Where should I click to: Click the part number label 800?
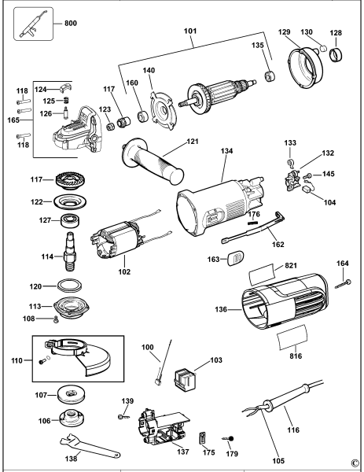(x=71, y=23)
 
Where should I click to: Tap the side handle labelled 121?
(x=153, y=160)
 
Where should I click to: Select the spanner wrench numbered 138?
(x=90, y=445)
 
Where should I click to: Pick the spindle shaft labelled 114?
(x=70, y=251)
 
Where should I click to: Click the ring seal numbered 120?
(x=70, y=286)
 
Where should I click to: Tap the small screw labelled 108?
(x=56, y=319)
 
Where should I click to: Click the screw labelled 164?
(x=344, y=284)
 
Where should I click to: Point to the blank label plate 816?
(x=292, y=337)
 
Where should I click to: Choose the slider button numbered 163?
(x=235, y=258)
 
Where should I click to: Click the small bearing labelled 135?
(x=270, y=76)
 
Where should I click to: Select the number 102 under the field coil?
(x=124, y=272)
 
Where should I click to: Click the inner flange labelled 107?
(x=71, y=394)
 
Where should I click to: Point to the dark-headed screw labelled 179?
(x=230, y=439)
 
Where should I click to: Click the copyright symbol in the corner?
(x=355, y=463)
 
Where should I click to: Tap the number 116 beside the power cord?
(x=293, y=430)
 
